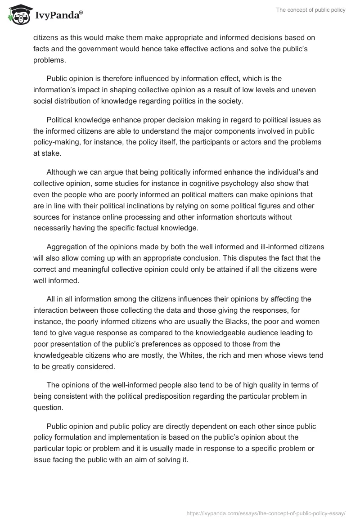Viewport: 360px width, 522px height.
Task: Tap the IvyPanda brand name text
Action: (58, 16)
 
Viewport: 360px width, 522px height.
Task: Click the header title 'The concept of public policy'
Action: (311, 10)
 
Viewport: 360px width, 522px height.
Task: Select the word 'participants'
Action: (201, 142)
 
